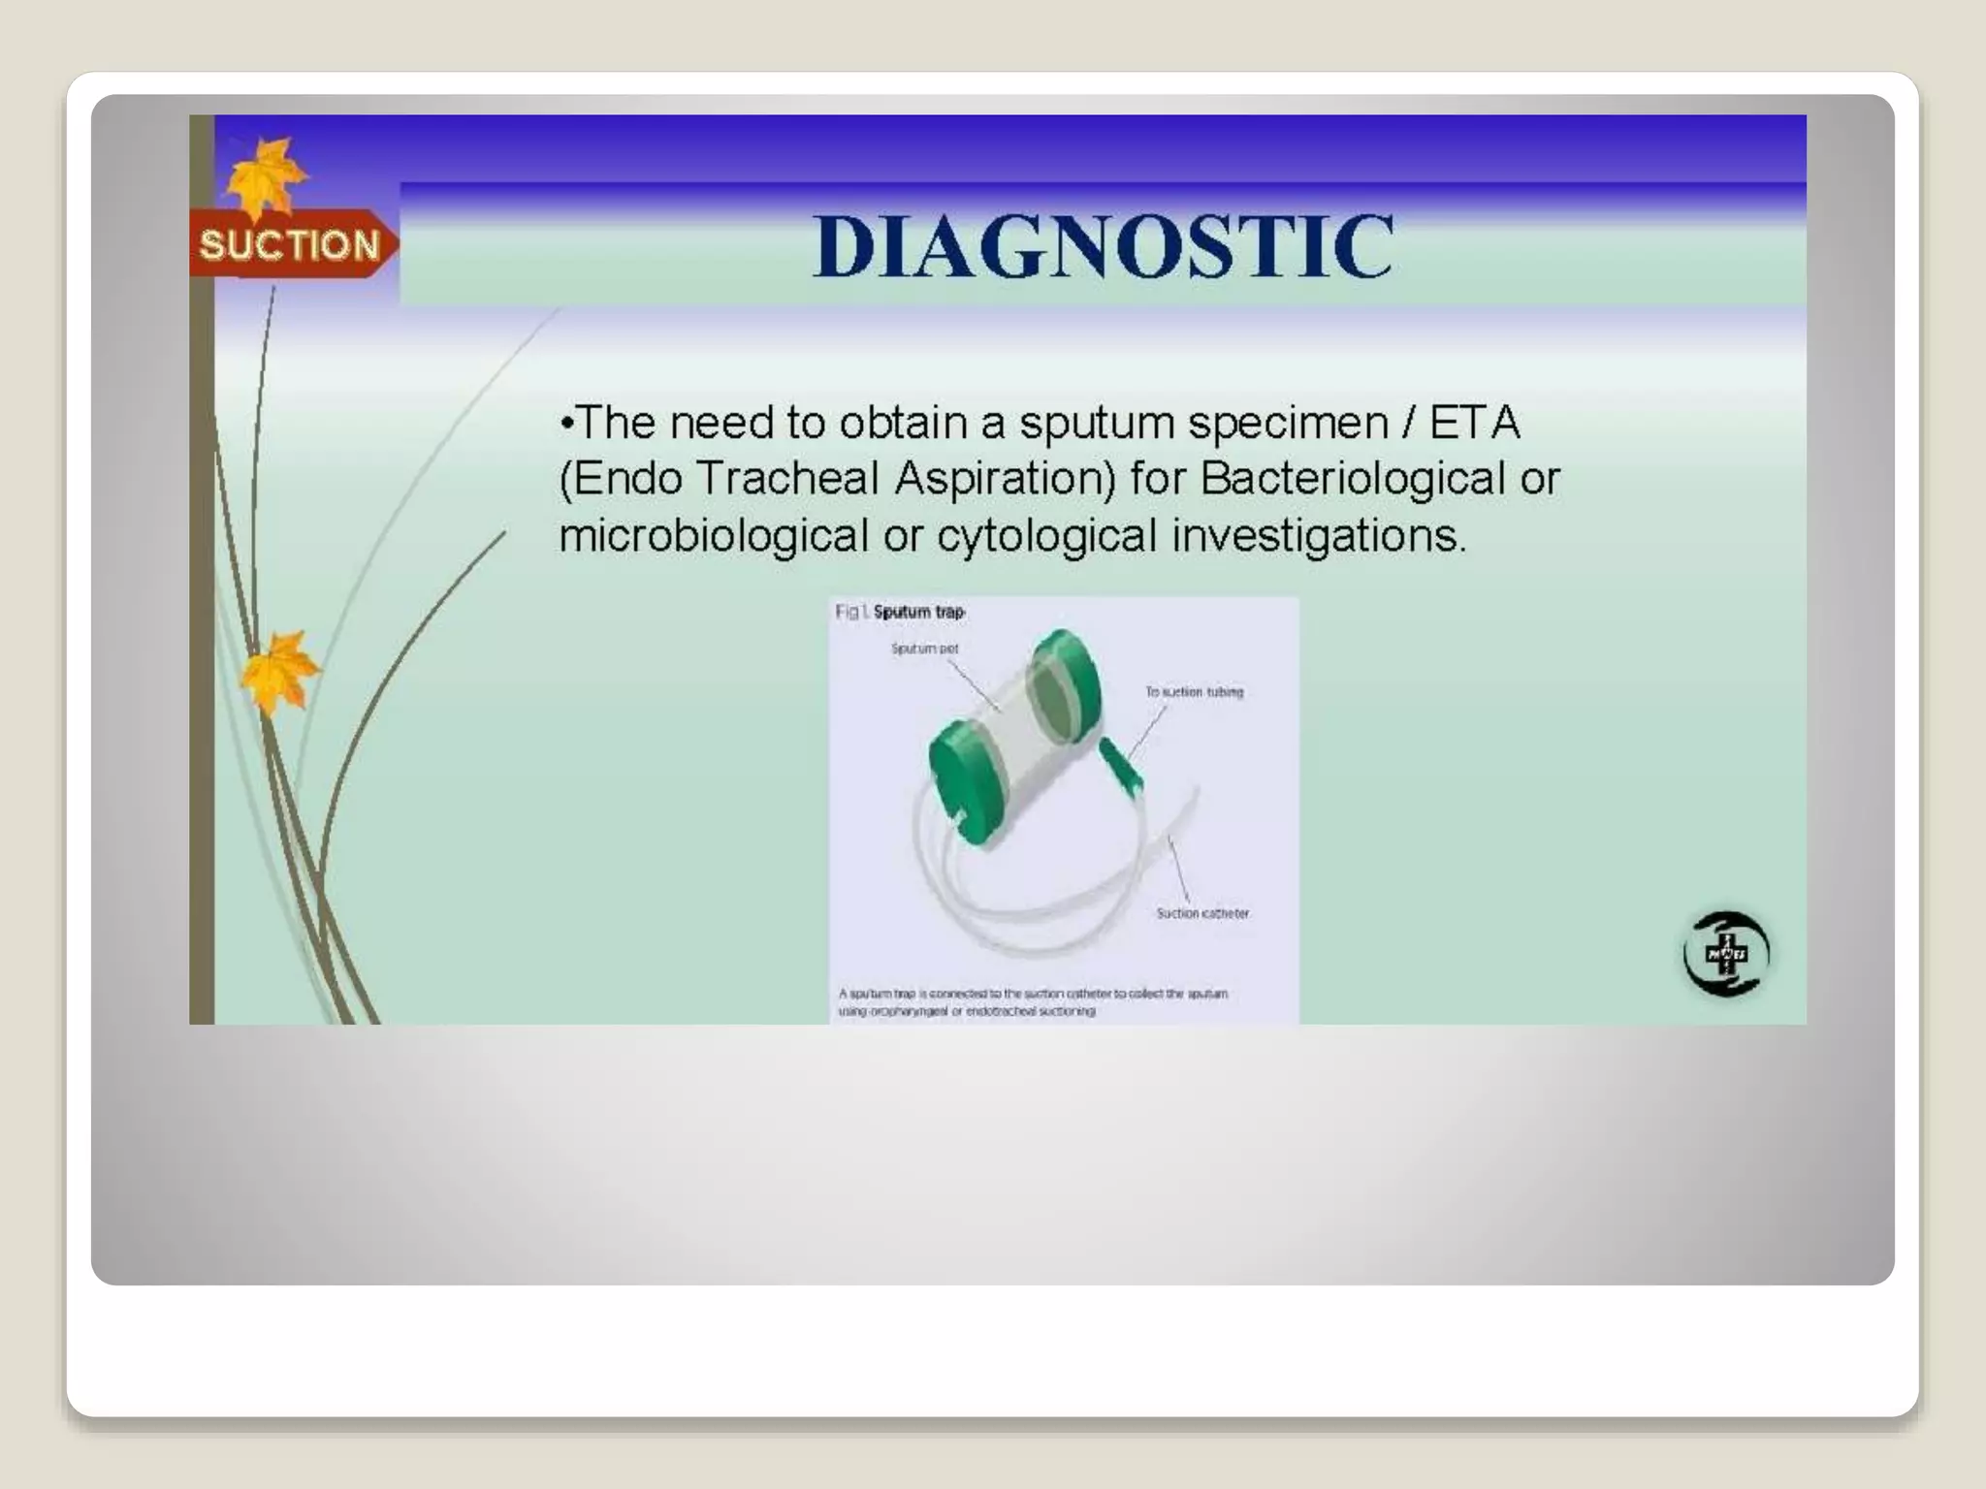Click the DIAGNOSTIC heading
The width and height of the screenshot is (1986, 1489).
click(1103, 246)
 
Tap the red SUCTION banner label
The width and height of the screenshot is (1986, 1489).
click(289, 244)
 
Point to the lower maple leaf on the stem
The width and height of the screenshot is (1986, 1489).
click(278, 669)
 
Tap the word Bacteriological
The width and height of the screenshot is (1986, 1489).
click(1353, 479)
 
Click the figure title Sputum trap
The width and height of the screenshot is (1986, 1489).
click(918, 612)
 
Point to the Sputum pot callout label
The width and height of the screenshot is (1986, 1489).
click(924, 649)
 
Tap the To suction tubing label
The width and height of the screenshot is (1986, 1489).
click(1194, 691)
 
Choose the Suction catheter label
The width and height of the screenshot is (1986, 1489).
click(1202, 913)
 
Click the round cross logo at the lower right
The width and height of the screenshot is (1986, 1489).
click(1726, 954)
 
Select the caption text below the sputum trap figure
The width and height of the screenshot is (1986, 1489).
click(1033, 1001)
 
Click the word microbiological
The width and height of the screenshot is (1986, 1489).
click(713, 535)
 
